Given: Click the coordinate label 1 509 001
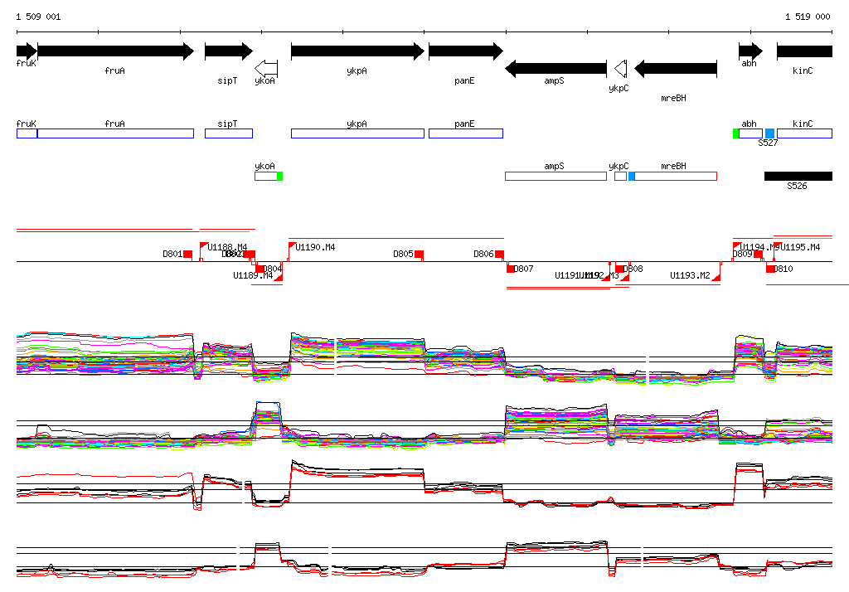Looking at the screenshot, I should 38,17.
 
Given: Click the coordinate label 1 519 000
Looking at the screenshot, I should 807,17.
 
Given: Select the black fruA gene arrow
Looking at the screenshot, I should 115,51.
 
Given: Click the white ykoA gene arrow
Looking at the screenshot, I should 266,68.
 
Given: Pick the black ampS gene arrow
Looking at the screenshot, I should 555,68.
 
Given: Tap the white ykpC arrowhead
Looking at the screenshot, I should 619,68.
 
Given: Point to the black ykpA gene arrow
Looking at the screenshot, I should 357,51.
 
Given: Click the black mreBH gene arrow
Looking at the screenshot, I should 675,68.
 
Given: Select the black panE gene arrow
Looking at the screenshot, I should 465,51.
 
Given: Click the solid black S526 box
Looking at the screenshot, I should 798,176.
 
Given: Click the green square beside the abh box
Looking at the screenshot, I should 736,133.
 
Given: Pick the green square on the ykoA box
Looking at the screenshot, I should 280,176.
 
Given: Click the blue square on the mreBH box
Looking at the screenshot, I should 632,176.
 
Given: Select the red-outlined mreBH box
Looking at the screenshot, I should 675,176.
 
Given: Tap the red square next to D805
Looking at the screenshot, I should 420,254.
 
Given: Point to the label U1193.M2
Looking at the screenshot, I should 690,275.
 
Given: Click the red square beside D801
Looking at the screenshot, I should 188,254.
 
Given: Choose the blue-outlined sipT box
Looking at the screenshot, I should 228,133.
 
